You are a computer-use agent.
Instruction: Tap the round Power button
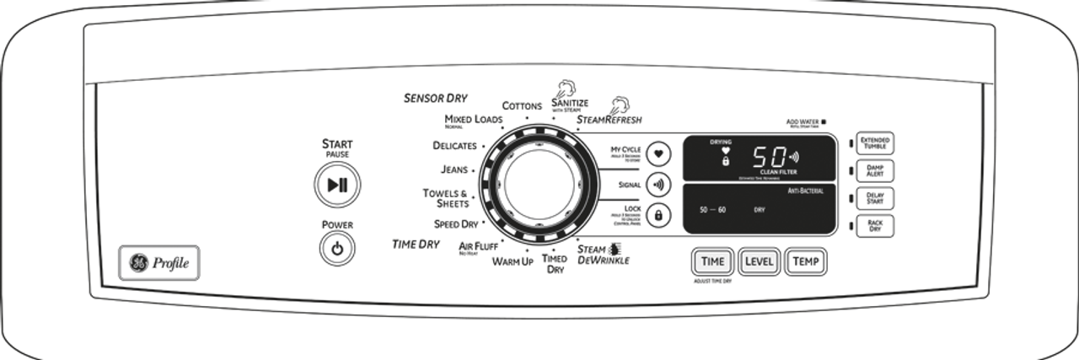tap(337, 250)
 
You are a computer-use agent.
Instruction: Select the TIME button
tap(712, 261)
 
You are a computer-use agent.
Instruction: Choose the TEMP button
tap(805, 261)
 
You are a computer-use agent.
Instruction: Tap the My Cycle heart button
tap(658, 154)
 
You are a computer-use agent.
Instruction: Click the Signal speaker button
tap(658, 185)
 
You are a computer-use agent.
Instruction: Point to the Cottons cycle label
tap(522, 106)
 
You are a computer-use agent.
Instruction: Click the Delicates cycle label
tap(454, 145)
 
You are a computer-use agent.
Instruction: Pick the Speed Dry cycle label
tap(456, 224)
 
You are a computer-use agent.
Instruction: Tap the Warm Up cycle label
tap(513, 261)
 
